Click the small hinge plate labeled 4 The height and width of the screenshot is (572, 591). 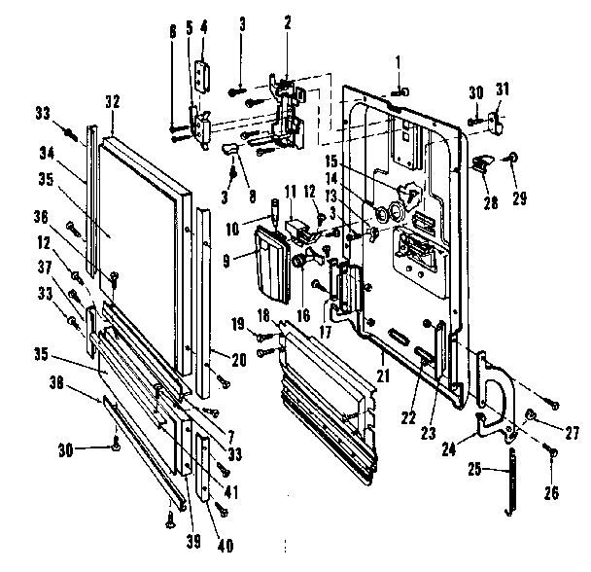(x=201, y=75)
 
